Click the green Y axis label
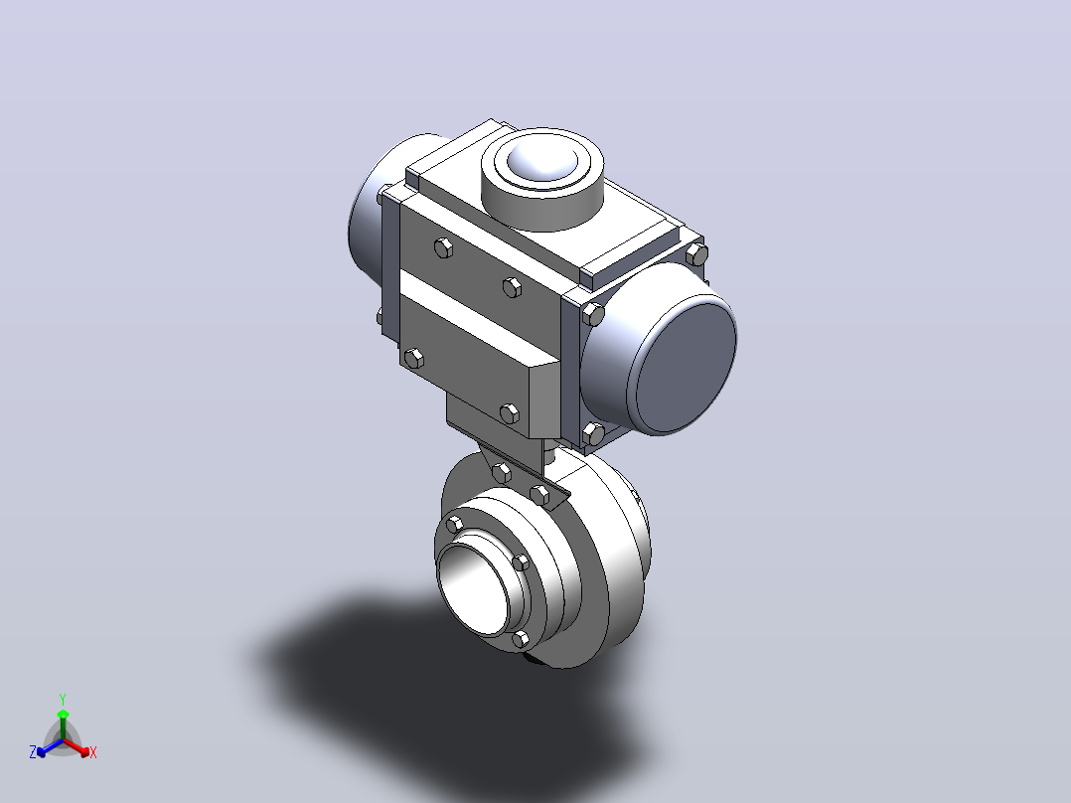coord(63,700)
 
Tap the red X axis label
coord(93,752)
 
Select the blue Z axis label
coord(33,751)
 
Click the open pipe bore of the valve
coord(474,589)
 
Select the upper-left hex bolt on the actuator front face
coord(443,247)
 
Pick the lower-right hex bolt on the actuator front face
coord(510,413)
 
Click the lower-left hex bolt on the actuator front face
coord(414,358)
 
